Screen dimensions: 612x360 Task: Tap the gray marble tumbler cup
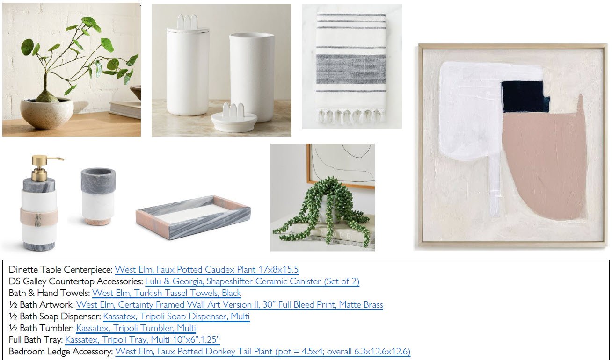pyautogui.click(x=98, y=196)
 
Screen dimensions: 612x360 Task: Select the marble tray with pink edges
pyautogui.click(x=193, y=217)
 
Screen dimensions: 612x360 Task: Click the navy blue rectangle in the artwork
pyautogui.click(x=525, y=97)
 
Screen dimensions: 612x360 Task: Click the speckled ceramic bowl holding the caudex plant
pyautogui.click(x=46, y=113)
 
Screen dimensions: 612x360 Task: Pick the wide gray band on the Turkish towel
pyautogui.click(x=351, y=69)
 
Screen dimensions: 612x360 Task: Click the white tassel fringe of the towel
pyautogui.click(x=351, y=116)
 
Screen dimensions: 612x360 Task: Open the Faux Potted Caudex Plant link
pyautogui.click(x=206, y=270)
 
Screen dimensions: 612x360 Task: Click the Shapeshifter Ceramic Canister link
pyautogui.click(x=252, y=281)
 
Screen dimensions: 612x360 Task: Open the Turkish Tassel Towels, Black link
pyautogui.click(x=167, y=293)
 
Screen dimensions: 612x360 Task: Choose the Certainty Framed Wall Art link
pyautogui.click(x=229, y=304)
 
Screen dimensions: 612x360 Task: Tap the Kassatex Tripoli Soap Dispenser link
pyautogui.click(x=176, y=317)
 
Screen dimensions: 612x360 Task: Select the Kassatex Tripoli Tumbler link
pyautogui.click(x=136, y=328)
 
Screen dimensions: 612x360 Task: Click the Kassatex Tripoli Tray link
pyautogui.click(x=142, y=340)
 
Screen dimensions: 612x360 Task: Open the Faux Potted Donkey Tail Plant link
pyautogui.click(x=262, y=351)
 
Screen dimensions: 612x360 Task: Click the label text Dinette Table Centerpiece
pyautogui.click(x=60, y=270)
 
